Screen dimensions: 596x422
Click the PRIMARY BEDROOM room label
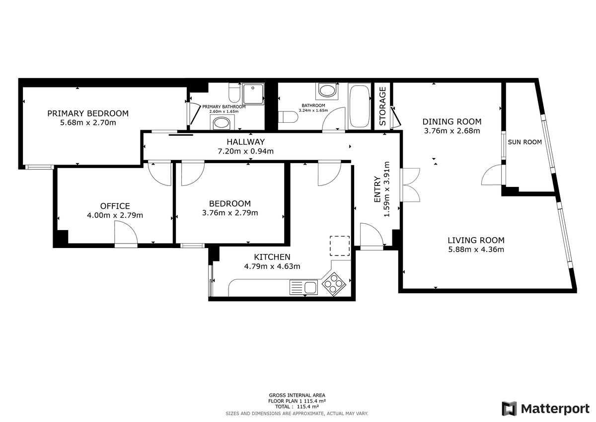click(x=88, y=113)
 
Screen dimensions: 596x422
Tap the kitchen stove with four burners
click(x=334, y=284)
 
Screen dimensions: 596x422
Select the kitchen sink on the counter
click(x=303, y=287)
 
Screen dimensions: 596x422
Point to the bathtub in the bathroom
click(x=359, y=106)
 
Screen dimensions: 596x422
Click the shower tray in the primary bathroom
click(x=253, y=94)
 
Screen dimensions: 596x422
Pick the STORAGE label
click(x=382, y=106)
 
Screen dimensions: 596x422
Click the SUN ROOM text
click(x=524, y=142)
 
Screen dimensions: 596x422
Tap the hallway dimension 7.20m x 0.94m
click(x=245, y=151)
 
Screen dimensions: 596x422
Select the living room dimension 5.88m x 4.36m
click(x=476, y=250)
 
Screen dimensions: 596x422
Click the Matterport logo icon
click(x=509, y=409)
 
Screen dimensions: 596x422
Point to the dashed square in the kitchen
click(x=340, y=246)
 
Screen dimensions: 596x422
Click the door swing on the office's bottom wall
click(x=126, y=233)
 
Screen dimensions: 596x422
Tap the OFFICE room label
click(x=115, y=206)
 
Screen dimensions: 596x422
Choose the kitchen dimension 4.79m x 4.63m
click(x=272, y=266)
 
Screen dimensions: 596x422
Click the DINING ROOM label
click(x=452, y=122)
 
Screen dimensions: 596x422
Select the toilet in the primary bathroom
click(x=234, y=92)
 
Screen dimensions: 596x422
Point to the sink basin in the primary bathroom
click(x=222, y=123)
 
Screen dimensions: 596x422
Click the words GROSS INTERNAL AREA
click(x=297, y=395)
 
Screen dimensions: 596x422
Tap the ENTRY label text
click(x=377, y=189)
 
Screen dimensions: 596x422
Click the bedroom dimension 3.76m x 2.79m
click(x=230, y=213)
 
